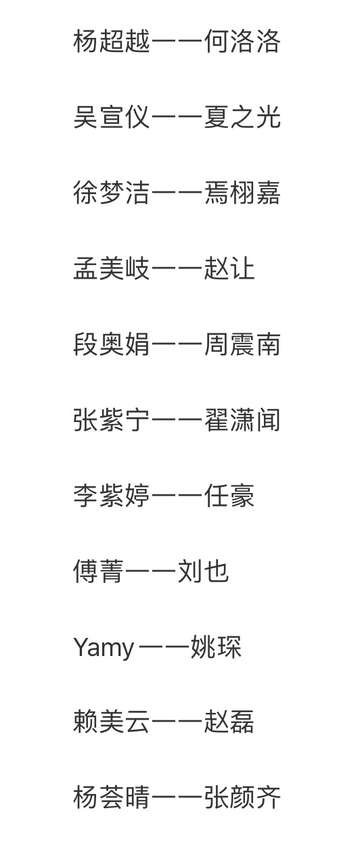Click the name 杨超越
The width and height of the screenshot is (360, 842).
pyautogui.click(x=112, y=41)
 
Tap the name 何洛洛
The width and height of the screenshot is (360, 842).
pyautogui.click(x=242, y=41)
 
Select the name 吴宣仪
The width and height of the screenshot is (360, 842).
pyautogui.click(x=112, y=117)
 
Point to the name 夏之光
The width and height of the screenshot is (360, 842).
pyautogui.click(x=242, y=117)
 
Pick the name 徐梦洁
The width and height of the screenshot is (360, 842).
pyautogui.click(x=112, y=193)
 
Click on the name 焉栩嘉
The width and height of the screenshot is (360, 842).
pyautogui.click(x=242, y=193)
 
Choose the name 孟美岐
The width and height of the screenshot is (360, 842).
pyautogui.click(x=112, y=268)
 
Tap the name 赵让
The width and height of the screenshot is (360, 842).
pyautogui.click(x=229, y=268)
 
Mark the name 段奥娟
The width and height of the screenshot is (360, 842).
pyautogui.click(x=112, y=344)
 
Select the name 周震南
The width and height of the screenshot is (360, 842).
pyautogui.click(x=242, y=344)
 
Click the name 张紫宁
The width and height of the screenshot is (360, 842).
pyautogui.click(x=112, y=420)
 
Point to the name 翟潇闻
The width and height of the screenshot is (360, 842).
pyautogui.click(x=242, y=420)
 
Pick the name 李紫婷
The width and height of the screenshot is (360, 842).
pyautogui.click(x=112, y=496)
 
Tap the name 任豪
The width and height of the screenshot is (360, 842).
pyautogui.click(x=229, y=496)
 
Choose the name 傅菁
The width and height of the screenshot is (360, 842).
pyautogui.click(x=99, y=571)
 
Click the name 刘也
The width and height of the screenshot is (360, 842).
pyautogui.click(x=203, y=571)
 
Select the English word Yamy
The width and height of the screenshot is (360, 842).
pyautogui.click(x=104, y=648)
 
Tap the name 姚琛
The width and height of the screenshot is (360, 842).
pyautogui.click(x=216, y=647)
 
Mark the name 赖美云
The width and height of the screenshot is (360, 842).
pyautogui.click(x=112, y=722)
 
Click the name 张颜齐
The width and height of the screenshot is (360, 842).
pyautogui.click(x=242, y=797)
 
